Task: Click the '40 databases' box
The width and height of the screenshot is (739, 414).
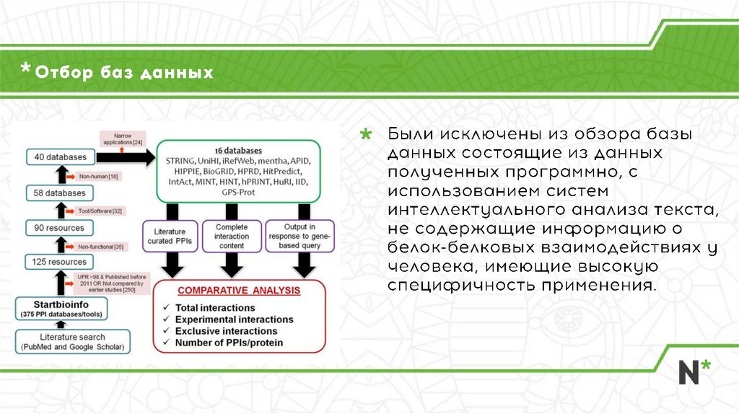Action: pos(60,157)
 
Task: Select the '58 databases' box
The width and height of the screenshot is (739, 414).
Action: pos(60,193)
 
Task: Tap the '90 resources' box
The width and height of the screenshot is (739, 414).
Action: pos(60,228)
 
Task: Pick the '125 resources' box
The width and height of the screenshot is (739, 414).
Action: pos(60,262)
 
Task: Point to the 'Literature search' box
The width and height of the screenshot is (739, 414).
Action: pos(72,342)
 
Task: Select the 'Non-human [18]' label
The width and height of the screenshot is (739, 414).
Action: pos(100,176)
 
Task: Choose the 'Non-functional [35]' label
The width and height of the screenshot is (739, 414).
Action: pos(100,247)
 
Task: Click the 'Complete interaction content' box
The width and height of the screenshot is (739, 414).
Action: pos(231,236)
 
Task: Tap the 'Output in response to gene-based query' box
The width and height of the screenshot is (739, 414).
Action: pos(299,236)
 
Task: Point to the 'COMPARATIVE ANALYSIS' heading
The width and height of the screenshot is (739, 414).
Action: pos(239,291)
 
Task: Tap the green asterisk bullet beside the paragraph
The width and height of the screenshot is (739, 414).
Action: pos(367,135)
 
